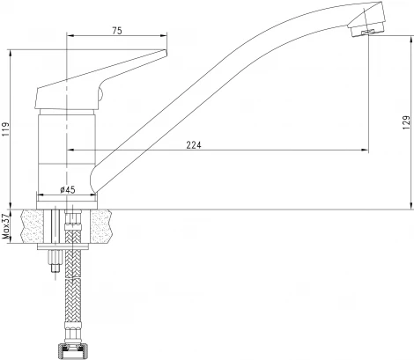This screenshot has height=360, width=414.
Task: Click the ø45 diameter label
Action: pos(67,187)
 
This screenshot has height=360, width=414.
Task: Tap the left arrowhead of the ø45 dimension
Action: pos(38,195)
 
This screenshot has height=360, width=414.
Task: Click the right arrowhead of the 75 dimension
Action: pos(165,36)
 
